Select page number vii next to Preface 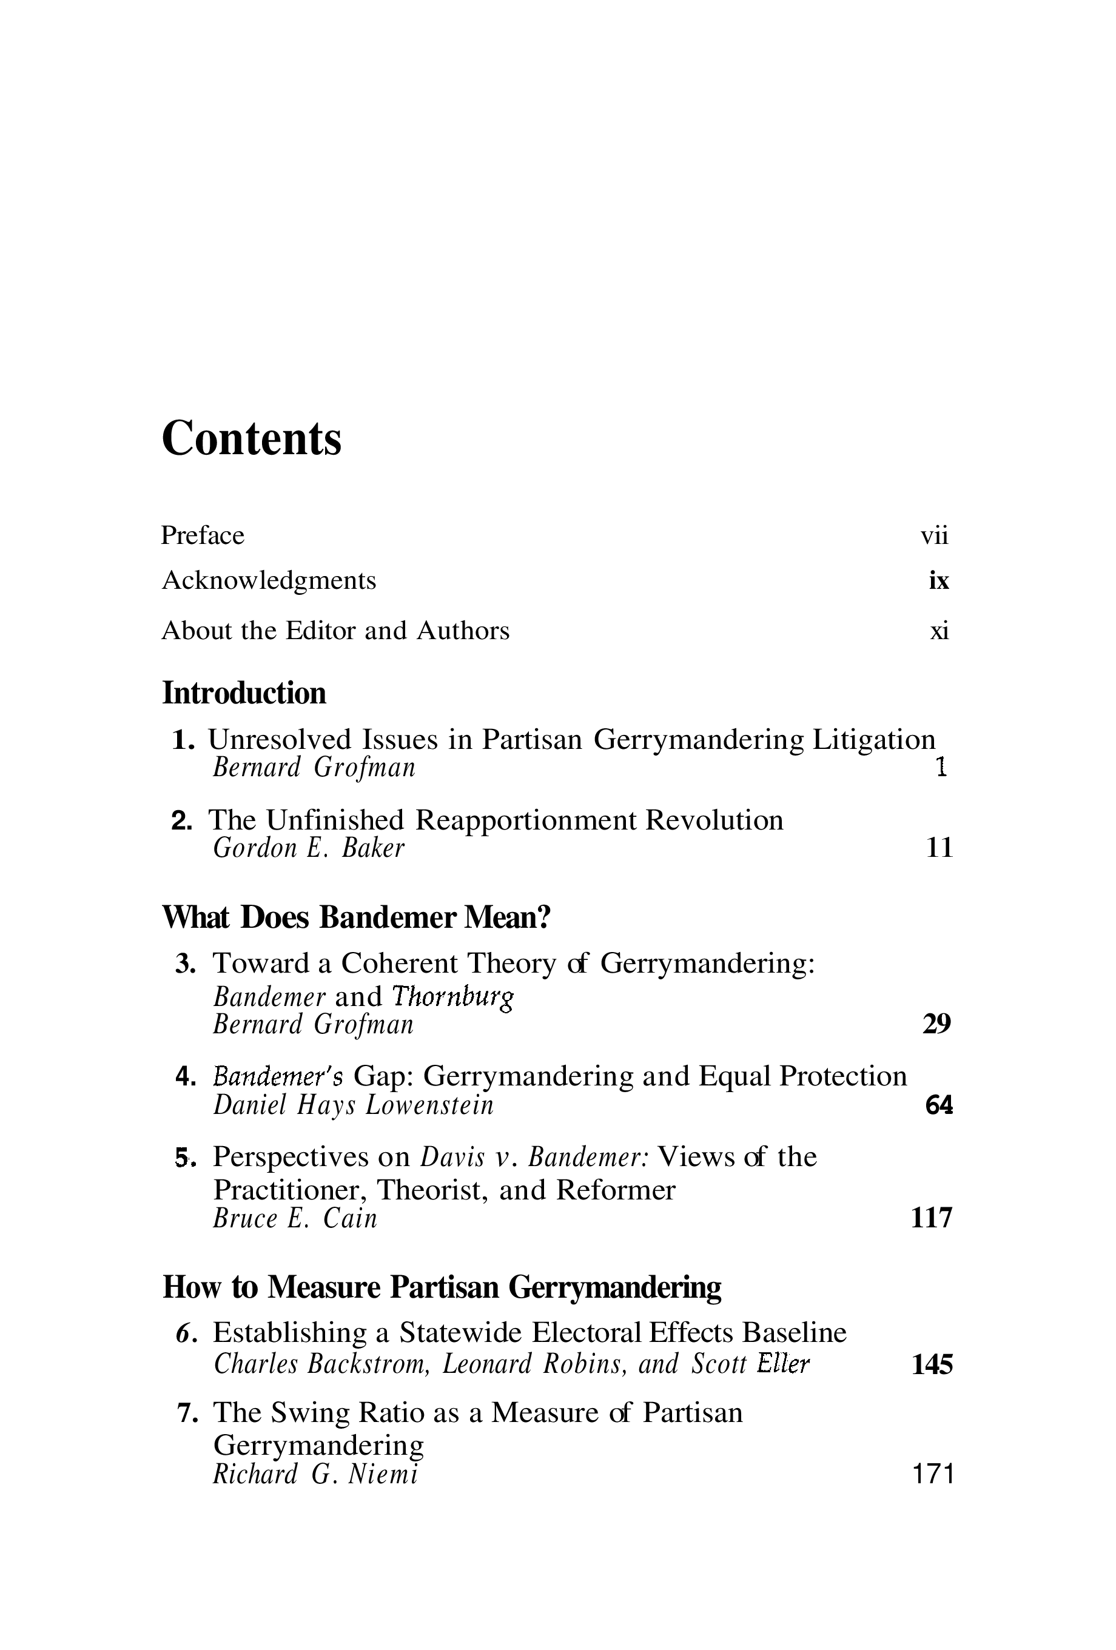click(x=933, y=535)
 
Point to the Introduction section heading click(x=244, y=693)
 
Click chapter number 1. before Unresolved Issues click(x=183, y=740)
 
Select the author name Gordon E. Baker click(x=308, y=848)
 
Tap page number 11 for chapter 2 click(x=938, y=848)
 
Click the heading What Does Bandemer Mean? click(x=357, y=917)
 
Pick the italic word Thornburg click(x=452, y=997)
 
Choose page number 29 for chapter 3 click(x=936, y=1025)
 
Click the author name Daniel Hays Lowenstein click(x=353, y=1105)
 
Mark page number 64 click(x=938, y=1105)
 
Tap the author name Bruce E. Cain click(x=295, y=1219)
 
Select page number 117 click(x=931, y=1219)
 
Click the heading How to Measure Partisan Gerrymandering click(x=442, y=1287)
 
